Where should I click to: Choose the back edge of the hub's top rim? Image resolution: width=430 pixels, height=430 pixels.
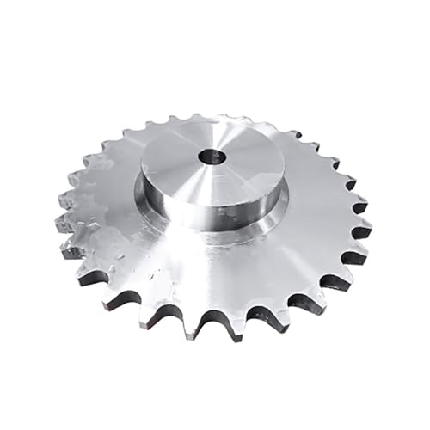215,120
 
